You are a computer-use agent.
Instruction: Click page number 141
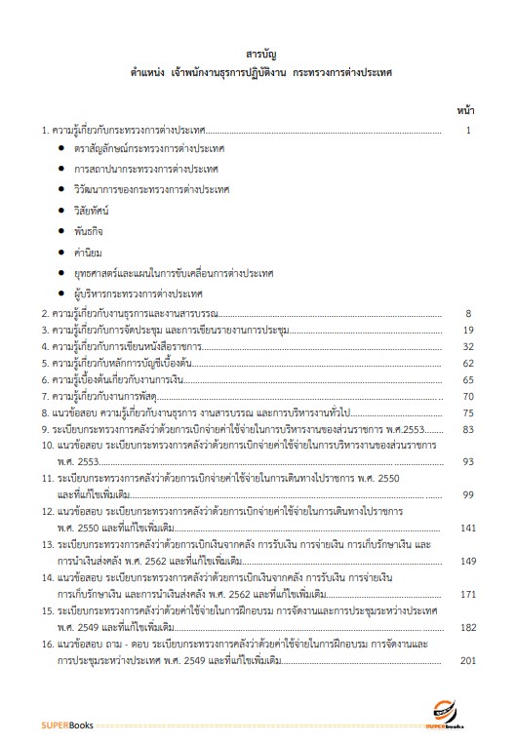[466, 528]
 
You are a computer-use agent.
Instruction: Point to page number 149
[466, 561]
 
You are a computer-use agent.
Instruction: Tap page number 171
[466, 594]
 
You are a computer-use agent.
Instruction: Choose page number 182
[466, 627]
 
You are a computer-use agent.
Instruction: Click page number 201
[466, 660]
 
